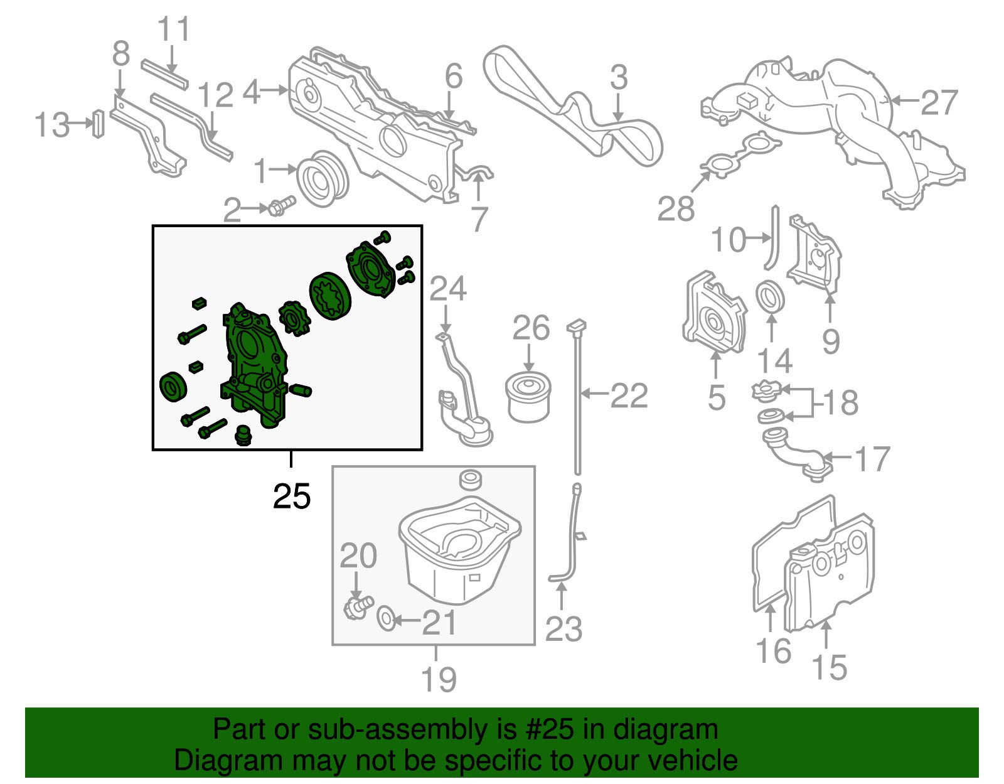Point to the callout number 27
pos(939,102)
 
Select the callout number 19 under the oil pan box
pos(438,679)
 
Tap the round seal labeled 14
pos(770,296)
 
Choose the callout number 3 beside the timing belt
pos(618,78)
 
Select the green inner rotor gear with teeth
pos(289,318)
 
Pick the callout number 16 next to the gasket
pos(773,650)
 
